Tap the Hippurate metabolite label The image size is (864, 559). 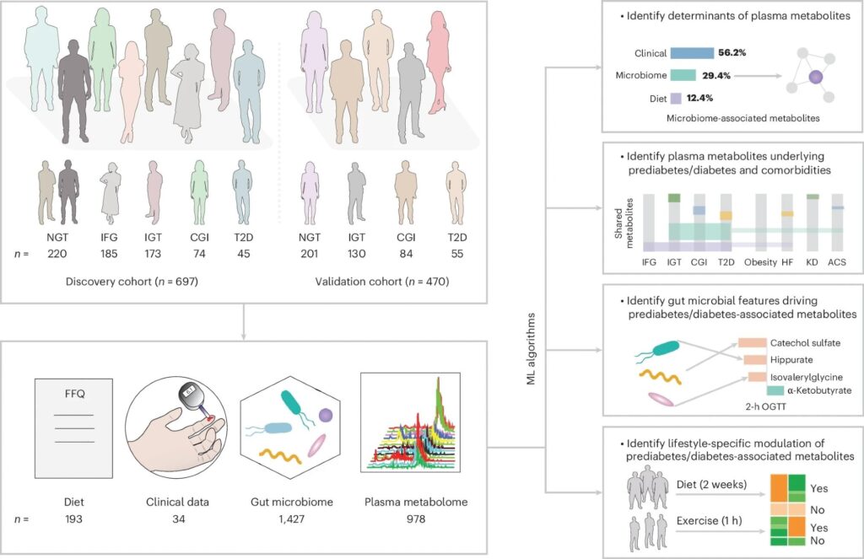point(791,360)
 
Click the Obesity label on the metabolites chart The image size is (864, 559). point(760,263)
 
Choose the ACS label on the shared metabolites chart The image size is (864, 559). point(837,263)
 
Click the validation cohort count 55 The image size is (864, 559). point(456,253)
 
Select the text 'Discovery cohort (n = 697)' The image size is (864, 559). point(148,281)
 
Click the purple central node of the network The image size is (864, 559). point(815,78)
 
